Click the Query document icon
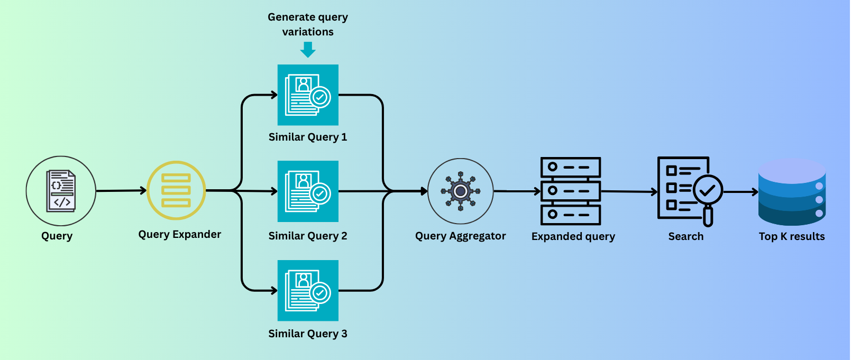point(61,191)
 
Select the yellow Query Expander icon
point(176,190)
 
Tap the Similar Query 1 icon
point(308,95)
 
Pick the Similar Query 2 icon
point(308,191)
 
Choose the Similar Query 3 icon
point(308,290)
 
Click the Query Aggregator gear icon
point(460,191)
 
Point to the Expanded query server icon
point(571,191)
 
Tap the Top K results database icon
point(792,192)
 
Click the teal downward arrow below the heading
point(308,50)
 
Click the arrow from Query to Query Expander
point(121,191)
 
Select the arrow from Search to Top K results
point(740,192)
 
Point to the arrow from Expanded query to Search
point(629,191)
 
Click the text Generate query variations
point(308,24)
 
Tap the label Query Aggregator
point(460,236)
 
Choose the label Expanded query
point(573,236)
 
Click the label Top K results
point(792,236)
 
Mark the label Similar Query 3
point(308,334)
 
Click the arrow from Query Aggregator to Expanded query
point(517,191)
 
